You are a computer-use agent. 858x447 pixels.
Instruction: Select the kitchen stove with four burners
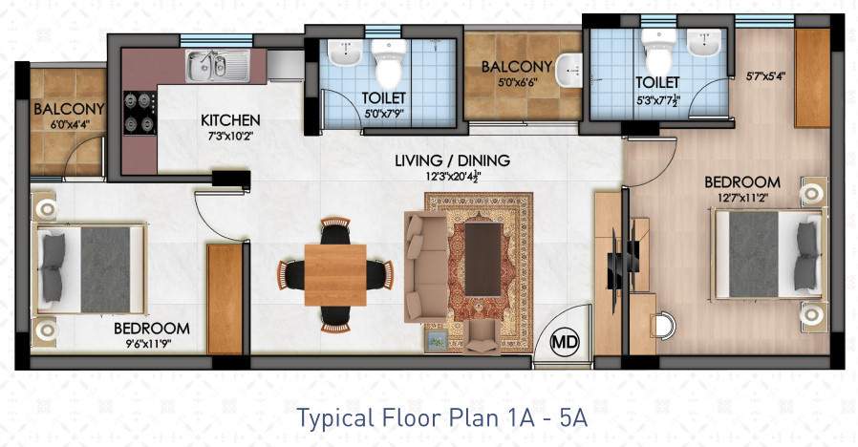click(x=139, y=114)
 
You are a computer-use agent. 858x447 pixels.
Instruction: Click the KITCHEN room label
click(x=230, y=120)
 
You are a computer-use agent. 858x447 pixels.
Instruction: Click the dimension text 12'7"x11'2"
click(x=741, y=199)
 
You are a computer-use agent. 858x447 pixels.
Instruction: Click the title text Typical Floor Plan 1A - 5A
click(x=440, y=418)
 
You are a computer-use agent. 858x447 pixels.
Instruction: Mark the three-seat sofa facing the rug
click(x=421, y=266)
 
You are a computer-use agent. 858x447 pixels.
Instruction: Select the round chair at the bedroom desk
click(x=665, y=323)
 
